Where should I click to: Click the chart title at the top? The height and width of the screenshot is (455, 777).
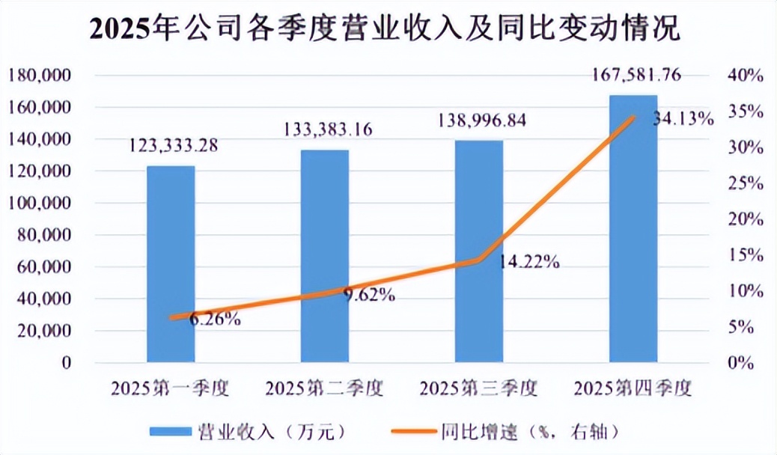click(x=385, y=28)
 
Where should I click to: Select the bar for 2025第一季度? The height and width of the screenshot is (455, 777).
click(x=171, y=264)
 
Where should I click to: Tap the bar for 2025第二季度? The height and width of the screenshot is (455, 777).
click(x=325, y=256)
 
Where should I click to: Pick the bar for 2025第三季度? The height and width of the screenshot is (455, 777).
click(x=479, y=251)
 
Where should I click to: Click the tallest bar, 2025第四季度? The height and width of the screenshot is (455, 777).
click(x=633, y=228)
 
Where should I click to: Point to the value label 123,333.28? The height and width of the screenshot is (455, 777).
click(x=174, y=146)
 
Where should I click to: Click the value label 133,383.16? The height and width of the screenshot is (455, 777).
click(x=328, y=130)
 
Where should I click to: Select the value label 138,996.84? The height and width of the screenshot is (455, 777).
click(x=481, y=120)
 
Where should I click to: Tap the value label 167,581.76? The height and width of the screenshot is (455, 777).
click(x=637, y=76)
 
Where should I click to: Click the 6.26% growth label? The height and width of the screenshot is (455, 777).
click(x=216, y=320)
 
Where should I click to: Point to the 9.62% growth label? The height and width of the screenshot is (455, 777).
click(x=370, y=296)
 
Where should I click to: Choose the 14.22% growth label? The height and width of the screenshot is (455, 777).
click(x=528, y=261)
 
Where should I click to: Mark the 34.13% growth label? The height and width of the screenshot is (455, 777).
click(x=683, y=119)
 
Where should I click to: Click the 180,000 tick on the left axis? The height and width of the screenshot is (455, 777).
click(x=39, y=76)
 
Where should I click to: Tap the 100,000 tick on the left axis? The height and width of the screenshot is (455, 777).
click(x=39, y=204)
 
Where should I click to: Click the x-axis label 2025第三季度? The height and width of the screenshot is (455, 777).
click(x=478, y=388)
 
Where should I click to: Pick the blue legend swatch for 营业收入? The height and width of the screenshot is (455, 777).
click(x=171, y=431)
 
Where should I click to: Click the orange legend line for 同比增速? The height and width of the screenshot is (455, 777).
click(x=414, y=431)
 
